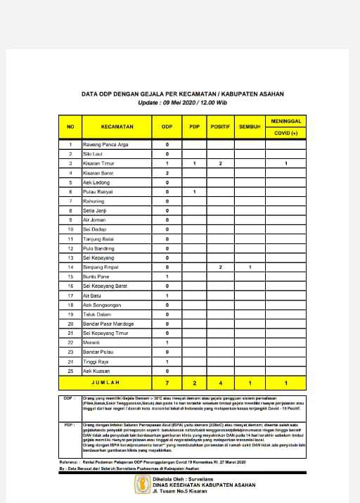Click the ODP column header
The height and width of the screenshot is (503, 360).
point(167,127)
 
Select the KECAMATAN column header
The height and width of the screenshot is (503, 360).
point(117,127)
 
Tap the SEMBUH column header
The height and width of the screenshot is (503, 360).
point(250,127)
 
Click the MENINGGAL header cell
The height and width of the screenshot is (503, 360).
point(285,122)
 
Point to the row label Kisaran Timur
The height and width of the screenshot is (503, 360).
point(98,163)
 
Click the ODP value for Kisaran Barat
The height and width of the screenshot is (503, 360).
point(167,172)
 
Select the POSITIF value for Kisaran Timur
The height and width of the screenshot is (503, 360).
point(221,163)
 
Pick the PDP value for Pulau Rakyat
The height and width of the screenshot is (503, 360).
point(194,191)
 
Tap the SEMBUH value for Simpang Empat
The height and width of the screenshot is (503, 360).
point(250,267)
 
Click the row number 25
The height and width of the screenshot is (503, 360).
point(70,371)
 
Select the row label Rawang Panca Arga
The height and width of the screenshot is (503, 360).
point(105,144)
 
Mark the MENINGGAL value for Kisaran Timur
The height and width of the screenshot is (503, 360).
point(285,163)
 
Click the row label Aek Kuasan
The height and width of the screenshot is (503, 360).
point(96,371)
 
